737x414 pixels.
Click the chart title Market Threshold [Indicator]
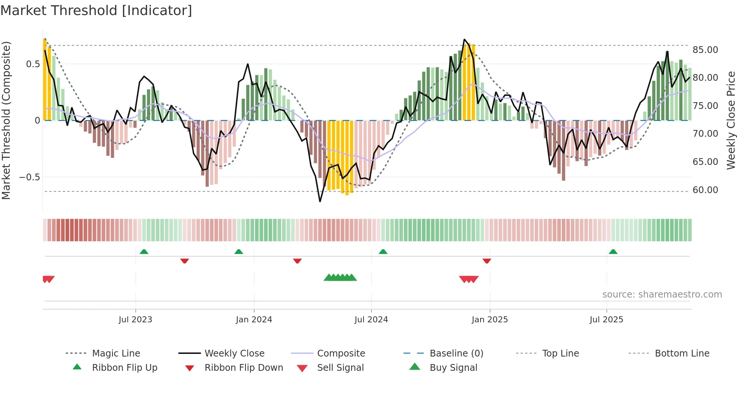pyautogui.click(x=96, y=11)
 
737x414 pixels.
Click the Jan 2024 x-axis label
pyautogui.click(x=254, y=319)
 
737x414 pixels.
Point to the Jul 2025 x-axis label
pyautogui.click(x=606, y=319)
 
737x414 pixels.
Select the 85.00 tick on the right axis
pyautogui.click(x=705, y=50)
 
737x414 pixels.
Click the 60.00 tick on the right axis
pyautogui.click(x=705, y=190)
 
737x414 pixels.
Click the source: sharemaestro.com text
pyautogui.click(x=662, y=294)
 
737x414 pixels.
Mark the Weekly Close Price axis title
pyautogui.click(x=731, y=120)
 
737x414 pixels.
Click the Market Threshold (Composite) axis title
pyautogui.click(x=6, y=120)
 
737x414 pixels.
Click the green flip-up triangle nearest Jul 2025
pyautogui.click(x=613, y=252)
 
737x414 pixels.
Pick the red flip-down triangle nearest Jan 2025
pyautogui.click(x=487, y=261)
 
